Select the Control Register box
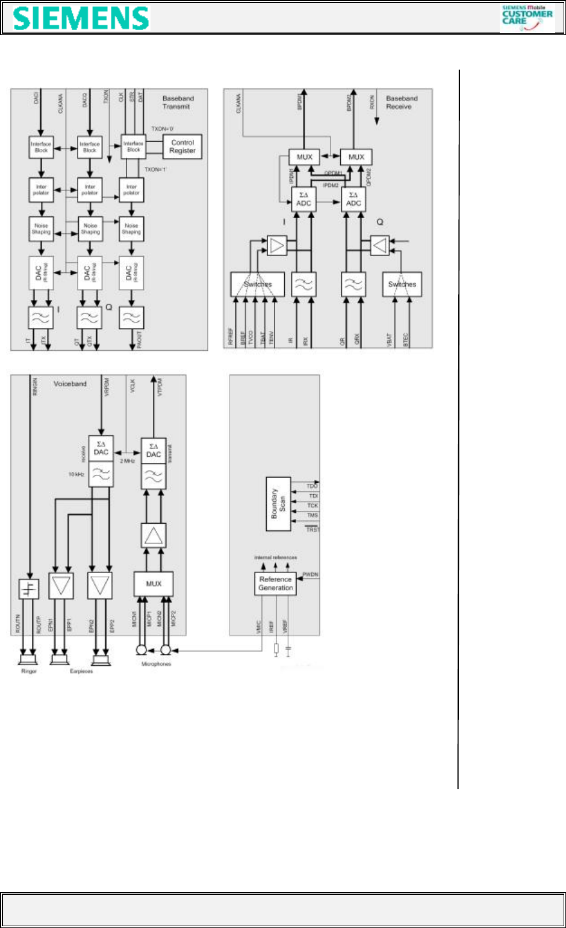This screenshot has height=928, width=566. (182, 146)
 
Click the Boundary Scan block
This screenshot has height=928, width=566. (278, 504)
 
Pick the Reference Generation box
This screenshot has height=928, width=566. (275, 583)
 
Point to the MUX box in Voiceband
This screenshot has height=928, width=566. (154, 583)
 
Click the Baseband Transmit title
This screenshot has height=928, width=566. (178, 102)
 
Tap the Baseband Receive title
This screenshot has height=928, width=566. (401, 102)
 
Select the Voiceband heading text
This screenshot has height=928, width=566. (70, 384)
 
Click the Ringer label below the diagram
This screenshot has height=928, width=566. (29, 671)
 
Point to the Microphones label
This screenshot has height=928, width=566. (156, 664)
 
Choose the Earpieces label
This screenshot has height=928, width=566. (81, 671)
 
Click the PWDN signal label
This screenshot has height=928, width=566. (310, 574)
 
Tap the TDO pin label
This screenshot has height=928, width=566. (312, 486)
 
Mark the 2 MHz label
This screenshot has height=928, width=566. (127, 461)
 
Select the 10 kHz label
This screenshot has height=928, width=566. (76, 474)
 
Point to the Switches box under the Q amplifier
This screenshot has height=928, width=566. (402, 284)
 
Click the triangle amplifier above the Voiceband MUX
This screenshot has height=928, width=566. (154, 535)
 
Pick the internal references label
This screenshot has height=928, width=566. (275, 557)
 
